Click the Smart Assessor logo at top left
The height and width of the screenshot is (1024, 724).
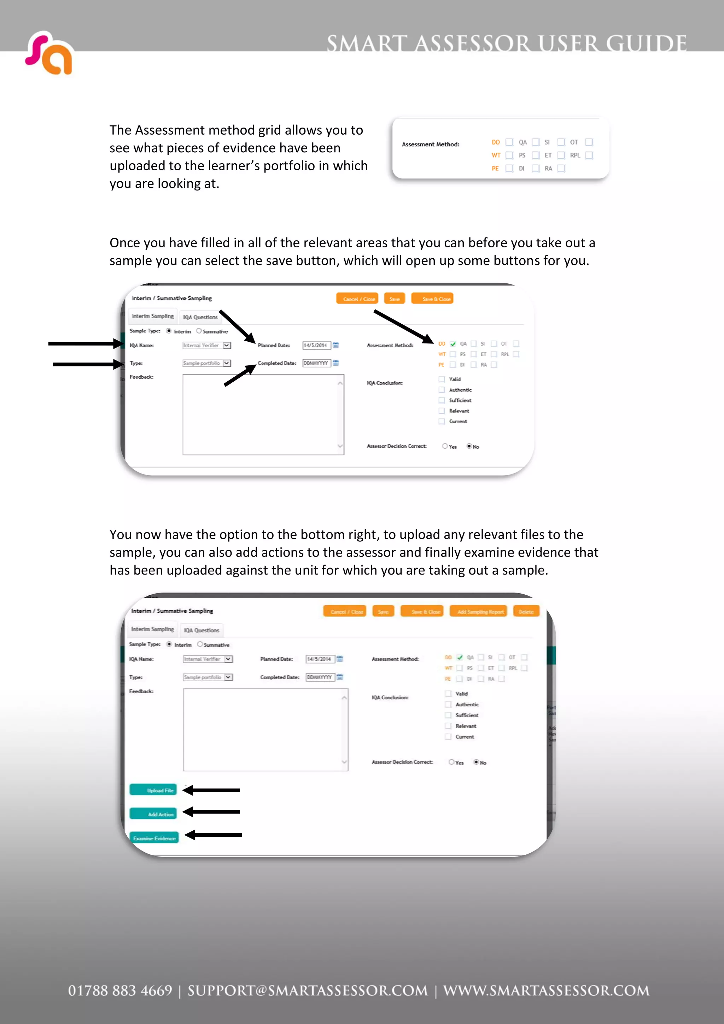click(49, 53)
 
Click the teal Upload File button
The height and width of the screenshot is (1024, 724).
click(153, 790)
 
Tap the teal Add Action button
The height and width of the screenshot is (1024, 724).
click(153, 814)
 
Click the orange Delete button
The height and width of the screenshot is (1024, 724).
click(526, 611)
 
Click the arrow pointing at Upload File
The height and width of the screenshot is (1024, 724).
click(211, 790)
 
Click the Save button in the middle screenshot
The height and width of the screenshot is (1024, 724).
click(394, 299)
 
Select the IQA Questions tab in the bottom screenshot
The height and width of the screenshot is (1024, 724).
click(201, 630)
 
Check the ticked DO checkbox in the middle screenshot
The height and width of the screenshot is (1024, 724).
click(453, 344)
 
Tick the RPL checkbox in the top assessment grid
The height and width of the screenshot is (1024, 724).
click(589, 155)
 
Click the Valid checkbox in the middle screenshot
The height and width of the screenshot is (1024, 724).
click(442, 379)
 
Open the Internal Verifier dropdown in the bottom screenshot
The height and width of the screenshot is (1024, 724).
click(228, 659)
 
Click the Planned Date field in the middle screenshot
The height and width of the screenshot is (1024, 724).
click(316, 345)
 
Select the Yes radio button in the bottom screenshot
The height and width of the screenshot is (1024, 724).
click(451, 762)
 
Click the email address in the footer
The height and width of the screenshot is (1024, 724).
click(307, 990)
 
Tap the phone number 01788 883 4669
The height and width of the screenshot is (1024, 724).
click(120, 990)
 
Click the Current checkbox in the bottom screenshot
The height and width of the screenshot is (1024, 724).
click(448, 737)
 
